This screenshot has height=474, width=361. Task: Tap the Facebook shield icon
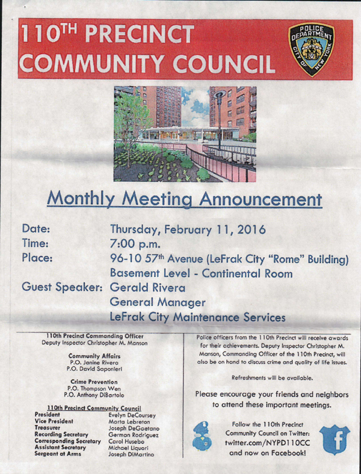point(335,439)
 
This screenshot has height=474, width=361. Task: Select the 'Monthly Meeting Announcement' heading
point(184,198)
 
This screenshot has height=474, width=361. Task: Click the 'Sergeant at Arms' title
point(60,454)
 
